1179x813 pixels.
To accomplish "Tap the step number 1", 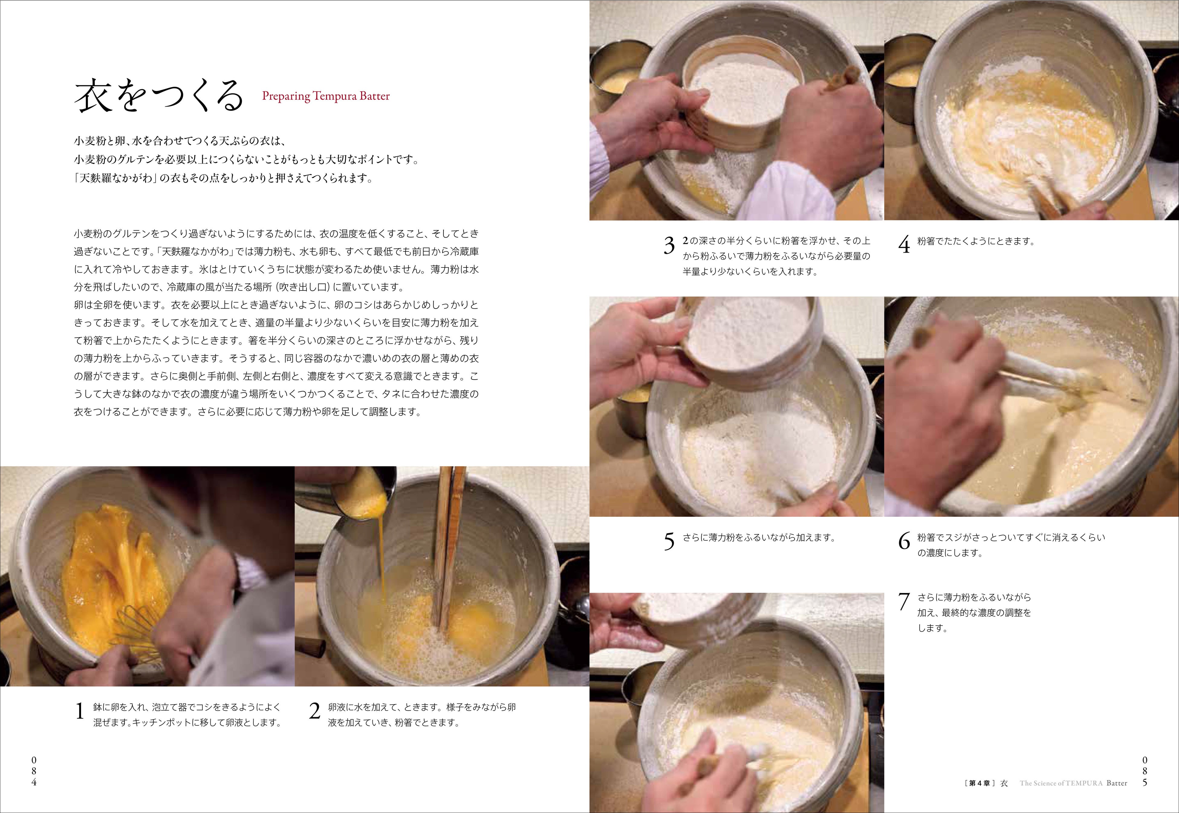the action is point(80,711).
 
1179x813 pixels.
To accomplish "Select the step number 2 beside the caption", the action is point(315,711).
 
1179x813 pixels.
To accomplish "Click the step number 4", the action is point(904,245).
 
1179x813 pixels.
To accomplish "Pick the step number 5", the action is point(669,542).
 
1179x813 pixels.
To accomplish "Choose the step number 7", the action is point(904,602).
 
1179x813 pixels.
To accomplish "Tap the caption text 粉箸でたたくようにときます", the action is point(976,241).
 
